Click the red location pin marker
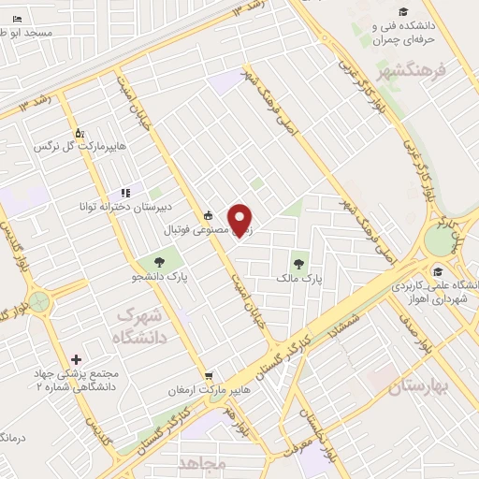(x=241, y=219)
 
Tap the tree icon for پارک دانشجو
(x=157, y=263)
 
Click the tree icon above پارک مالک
(x=299, y=265)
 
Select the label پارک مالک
(x=299, y=279)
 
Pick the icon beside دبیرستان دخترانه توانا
(x=124, y=193)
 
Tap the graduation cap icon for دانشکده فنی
(x=403, y=12)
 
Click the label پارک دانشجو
(x=157, y=278)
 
